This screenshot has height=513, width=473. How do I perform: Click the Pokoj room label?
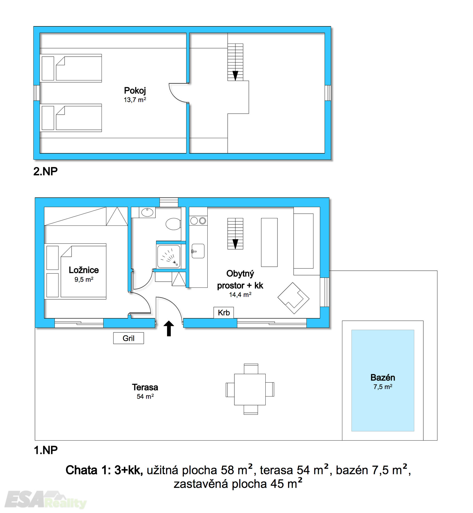coord(135,91)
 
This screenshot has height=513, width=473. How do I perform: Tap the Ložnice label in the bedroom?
coord(84,270)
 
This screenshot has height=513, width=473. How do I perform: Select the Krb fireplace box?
coord(224,312)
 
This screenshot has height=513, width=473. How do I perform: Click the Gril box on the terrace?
coord(129,338)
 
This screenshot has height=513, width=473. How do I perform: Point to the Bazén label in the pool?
coord(383,377)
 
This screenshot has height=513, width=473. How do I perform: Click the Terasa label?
coord(145,387)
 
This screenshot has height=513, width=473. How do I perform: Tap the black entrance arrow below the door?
coord(169,328)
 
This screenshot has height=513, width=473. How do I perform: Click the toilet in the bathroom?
coord(173,224)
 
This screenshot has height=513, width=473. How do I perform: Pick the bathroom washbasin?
coord(147,212)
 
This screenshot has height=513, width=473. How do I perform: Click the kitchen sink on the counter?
coord(198,251)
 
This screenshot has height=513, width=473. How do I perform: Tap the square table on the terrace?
coord(250,389)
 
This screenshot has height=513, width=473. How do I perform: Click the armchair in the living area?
coord(293,298)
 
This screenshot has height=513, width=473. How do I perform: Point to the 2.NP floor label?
coord(45,171)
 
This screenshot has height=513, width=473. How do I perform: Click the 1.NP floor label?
coord(46,450)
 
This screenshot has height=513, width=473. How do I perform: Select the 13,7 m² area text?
coord(135,100)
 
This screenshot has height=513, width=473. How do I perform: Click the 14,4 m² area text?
coord(240,294)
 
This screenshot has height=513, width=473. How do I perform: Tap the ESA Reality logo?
coord(45,499)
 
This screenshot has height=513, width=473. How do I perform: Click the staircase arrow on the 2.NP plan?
coord(235,76)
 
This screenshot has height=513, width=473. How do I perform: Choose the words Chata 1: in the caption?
coord(88,470)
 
